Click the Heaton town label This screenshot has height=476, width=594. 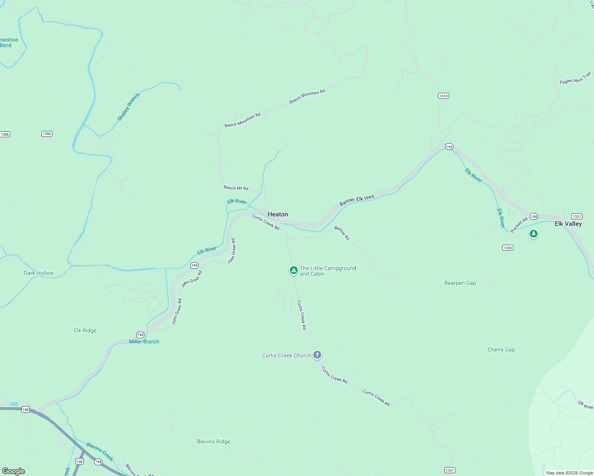278,214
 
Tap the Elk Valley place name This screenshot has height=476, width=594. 568,224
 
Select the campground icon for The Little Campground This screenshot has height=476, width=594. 293,271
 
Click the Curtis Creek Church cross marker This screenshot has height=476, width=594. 317,355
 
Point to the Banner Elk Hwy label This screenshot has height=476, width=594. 357,200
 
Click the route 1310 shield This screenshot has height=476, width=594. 444,96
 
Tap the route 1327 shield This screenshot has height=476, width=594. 577,216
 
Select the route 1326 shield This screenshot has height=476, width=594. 507,248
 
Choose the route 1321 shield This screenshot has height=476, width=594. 449,470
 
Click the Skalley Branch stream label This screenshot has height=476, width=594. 128,107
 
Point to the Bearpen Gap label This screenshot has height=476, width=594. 460,283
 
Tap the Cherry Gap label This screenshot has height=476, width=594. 501,349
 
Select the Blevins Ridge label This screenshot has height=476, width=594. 214,441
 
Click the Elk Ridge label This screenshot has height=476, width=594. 85,330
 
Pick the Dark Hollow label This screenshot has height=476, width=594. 39,273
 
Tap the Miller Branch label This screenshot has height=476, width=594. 144,342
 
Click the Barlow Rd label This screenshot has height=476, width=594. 342,233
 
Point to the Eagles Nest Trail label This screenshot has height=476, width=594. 575,78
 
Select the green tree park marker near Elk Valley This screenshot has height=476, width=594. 534,234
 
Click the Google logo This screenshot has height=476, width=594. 13,471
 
